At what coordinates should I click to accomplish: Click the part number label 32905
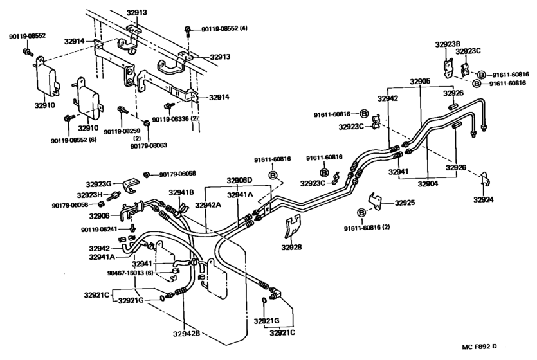pyautogui.click(x=421, y=82)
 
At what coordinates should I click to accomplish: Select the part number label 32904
pyautogui.click(x=428, y=184)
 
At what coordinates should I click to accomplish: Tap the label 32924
pyautogui.click(x=484, y=200)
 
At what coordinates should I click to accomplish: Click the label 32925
pyautogui.click(x=405, y=203)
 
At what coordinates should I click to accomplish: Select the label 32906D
pyautogui.click(x=239, y=180)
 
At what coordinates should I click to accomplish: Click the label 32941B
pyautogui.click(x=181, y=192)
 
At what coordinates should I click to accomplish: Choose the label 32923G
pyautogui.click(x=99, y=183)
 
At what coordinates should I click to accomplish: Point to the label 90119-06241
pyautogui.click(x=102, y=230)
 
